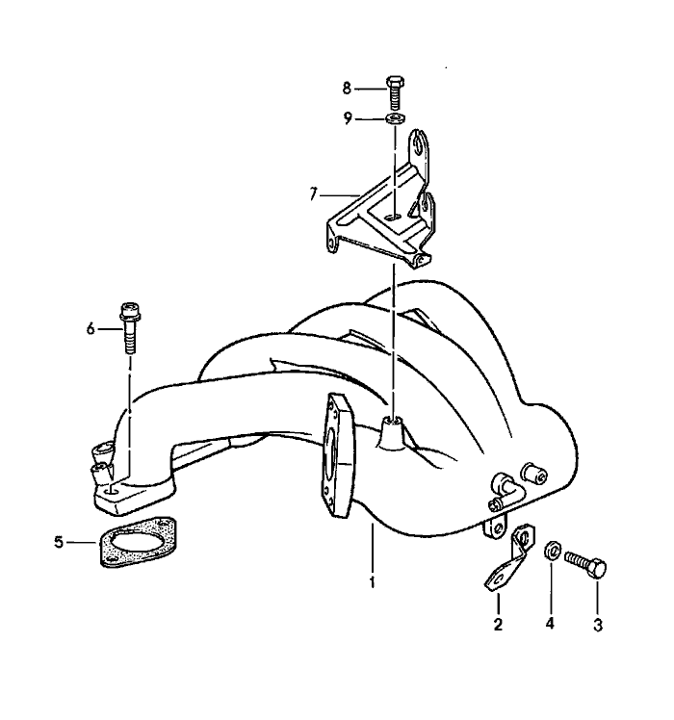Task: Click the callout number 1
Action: tap(373, 582)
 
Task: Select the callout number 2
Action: tap(498, 624)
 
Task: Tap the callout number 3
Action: tap(598, 625)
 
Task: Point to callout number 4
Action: tap(550, 624)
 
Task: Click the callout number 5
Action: tap(59, 542)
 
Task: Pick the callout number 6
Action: tap(91, 329)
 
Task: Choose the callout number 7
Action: tap(313, 194)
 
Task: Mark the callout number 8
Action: tap(347, 88)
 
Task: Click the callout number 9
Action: tap(348, 118)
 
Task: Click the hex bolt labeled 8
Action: tap(395, 93)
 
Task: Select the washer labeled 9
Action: tap(395, 119)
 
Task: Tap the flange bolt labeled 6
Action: tap(130, 327)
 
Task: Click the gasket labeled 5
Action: tap(138, 542)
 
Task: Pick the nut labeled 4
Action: tap(552, 550)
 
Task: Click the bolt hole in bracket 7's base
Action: tap(392, 216)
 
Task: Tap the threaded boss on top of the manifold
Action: tap(393, 431)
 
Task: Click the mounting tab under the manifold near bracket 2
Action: tap(495, 527)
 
